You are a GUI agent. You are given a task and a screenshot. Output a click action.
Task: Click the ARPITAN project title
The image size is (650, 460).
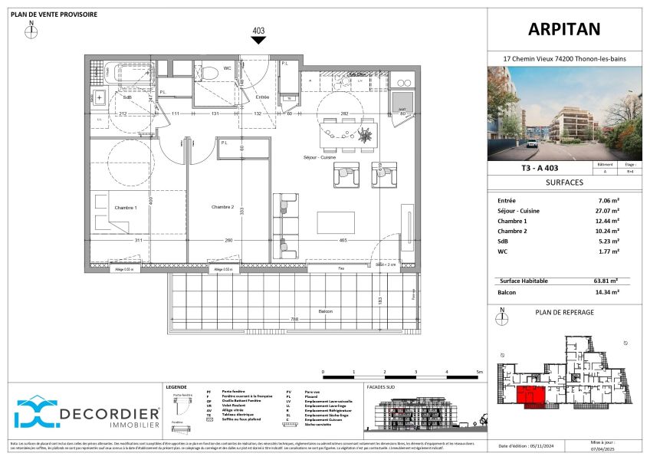564,29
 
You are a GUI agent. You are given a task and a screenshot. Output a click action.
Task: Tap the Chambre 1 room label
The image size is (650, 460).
126,208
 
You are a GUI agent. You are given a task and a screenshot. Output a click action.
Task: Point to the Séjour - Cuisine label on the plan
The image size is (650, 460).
322,158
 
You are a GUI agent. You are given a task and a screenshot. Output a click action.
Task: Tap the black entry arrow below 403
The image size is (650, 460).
258,41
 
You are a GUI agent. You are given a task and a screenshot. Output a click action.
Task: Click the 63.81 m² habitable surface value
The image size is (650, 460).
608,281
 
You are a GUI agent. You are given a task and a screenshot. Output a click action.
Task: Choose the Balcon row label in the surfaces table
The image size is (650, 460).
507,291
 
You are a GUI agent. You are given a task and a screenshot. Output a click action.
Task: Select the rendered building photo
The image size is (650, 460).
564,113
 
